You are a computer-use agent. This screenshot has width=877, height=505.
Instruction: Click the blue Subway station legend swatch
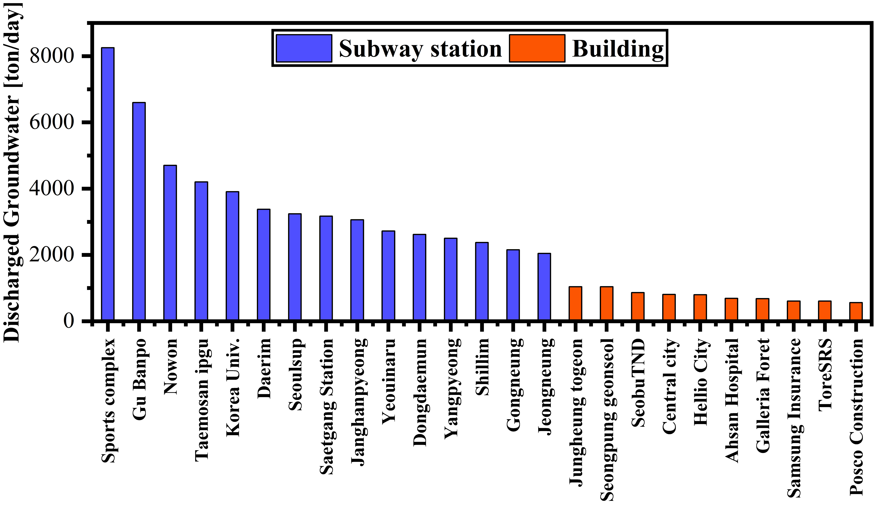coord(304,48)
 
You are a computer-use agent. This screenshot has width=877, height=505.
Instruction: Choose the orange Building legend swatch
coord(537,48)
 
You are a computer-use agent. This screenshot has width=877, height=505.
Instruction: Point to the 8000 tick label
coord(52,55)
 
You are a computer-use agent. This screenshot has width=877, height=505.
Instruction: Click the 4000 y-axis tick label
coord(52,188)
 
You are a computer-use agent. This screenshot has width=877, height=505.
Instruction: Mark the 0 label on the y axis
coord(69,321)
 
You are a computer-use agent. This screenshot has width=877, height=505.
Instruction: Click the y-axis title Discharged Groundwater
coord(12,173)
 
